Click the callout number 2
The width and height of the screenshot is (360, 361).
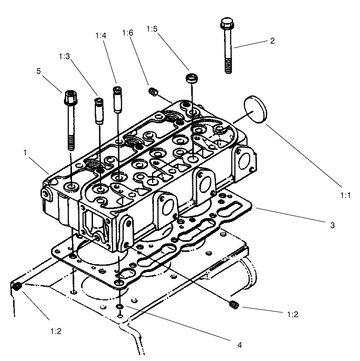point(272,41)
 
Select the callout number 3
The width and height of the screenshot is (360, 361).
point(332,225)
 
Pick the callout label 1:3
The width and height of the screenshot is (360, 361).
point(64,56)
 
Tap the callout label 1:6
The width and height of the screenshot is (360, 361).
point(127,33)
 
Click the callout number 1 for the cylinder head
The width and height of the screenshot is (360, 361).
point(26,153)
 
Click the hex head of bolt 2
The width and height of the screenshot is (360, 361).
point(226,23)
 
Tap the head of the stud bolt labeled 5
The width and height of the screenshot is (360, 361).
point(70,95)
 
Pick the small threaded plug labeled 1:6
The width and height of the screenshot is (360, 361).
point(153,92)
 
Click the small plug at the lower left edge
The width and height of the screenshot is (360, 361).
point(18,287)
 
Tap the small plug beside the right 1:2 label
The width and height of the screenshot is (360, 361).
point(233,305)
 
